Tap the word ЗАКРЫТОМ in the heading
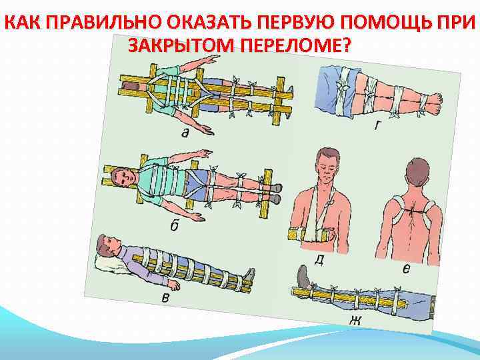181,45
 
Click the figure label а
185,133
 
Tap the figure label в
165,297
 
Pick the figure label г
377,125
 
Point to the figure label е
405,269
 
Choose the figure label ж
355,321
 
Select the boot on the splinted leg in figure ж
304,277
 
